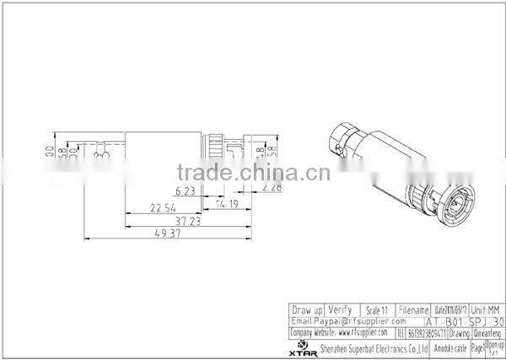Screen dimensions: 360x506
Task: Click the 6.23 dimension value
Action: pos(186,191)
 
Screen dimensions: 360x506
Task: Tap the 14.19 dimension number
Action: pos(226,203)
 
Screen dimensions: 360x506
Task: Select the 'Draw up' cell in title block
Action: pos(306,309)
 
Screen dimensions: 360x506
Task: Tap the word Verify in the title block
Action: pos(340,309)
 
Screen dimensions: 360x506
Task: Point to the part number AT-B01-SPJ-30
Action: pos(466,321)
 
